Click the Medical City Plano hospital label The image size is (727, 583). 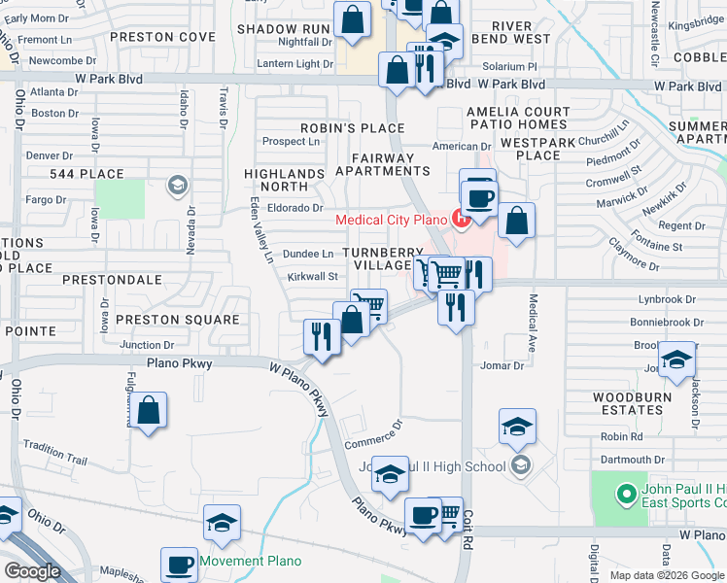coord(392,219)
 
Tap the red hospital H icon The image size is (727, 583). coord(462,219)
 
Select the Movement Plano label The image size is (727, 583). coord(250,561)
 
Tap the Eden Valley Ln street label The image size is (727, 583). coord(257,230)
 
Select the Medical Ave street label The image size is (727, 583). coord(533,325)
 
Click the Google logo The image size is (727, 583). coord(32,572)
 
